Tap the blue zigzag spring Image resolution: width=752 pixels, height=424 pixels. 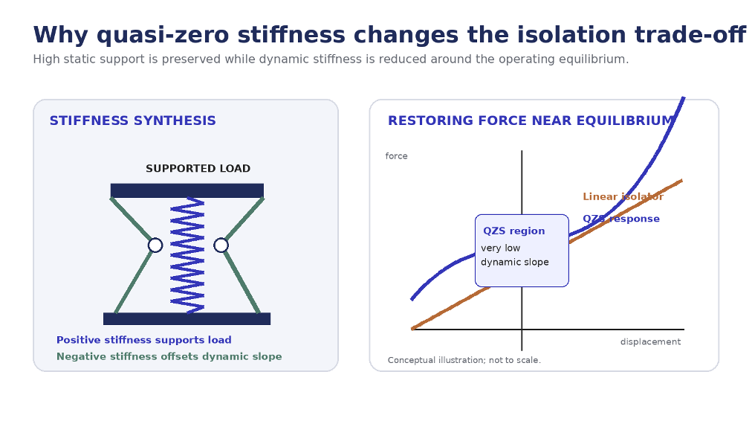coord(187,255)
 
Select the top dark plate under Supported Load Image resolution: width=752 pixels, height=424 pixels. coord(187,190)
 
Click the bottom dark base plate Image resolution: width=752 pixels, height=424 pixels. coord(187,319)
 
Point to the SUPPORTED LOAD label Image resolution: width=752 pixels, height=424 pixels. coord(198,169)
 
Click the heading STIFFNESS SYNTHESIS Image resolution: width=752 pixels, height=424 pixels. coord(133,121)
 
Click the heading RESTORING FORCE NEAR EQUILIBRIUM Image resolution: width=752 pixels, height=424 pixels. coord(531,121)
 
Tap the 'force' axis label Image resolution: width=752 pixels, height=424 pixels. coord(396,156)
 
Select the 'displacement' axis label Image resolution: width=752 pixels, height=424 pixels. coord(650,342)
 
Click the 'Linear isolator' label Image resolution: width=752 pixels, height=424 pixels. coord(623,196)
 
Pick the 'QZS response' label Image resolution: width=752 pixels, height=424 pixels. coord(621,219)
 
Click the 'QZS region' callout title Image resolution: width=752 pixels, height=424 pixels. coord(513,231)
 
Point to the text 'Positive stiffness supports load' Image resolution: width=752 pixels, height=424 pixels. coord(144,340)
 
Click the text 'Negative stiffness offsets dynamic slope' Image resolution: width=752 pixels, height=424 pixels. coord(169,356)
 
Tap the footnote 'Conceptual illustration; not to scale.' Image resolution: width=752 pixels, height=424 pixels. coord(464,360)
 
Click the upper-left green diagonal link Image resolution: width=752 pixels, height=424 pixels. coord(131,219)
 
